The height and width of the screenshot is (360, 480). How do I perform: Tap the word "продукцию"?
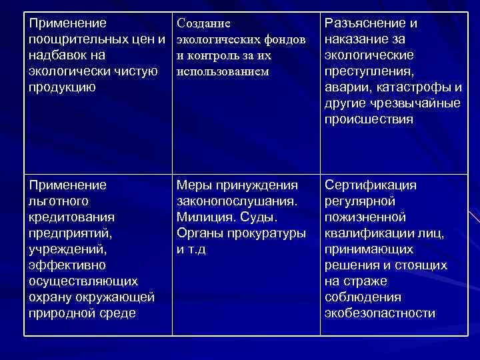pyautogui.click(x=62, y=87)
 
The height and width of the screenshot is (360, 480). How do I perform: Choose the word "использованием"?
pyautogui.click(x=222, y=71)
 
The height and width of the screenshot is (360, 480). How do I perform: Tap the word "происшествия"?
pyautogui.click(x=369, y=119)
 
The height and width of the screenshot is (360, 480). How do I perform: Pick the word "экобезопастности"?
pyautogui.click(x=379, y=313)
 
